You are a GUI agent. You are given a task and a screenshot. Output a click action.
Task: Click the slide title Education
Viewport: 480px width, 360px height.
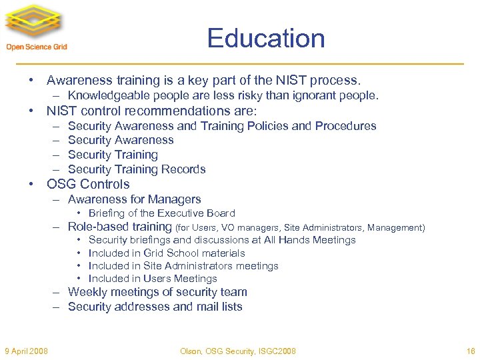coord(265,38)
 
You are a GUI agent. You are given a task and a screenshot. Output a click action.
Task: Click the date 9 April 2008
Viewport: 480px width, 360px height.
coord(26,351)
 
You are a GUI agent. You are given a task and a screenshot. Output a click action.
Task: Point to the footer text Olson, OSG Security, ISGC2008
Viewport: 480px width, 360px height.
coord(237,351)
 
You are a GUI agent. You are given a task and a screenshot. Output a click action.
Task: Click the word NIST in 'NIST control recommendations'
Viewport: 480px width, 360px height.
coord(61,111)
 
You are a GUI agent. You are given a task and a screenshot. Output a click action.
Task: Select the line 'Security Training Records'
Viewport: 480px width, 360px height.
coord(137,169)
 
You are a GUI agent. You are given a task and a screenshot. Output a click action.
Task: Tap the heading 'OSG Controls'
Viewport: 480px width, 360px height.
coord(88,184)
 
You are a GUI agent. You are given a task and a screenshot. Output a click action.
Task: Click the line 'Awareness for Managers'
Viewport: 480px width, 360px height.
coord(134,199)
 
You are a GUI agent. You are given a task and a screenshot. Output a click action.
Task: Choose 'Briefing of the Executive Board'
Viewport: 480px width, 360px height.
coord(161,213)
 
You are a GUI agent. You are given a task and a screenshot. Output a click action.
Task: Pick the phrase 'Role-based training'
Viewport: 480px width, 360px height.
coord(120,227)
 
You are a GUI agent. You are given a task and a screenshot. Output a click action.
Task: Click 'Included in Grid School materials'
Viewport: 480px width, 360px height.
coord(167,253)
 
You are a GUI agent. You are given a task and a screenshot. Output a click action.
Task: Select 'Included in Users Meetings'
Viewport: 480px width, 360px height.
coord(153,279)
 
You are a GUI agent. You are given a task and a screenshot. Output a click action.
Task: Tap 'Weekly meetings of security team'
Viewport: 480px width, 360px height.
coord(157,292)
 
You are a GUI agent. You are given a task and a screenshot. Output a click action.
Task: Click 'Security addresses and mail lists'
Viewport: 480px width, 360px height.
coord(155,307)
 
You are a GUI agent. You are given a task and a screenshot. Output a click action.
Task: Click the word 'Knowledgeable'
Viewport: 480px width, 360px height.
coord(105,96)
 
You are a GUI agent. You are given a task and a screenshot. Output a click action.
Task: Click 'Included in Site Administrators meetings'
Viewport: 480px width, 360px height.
coord(183,266)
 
